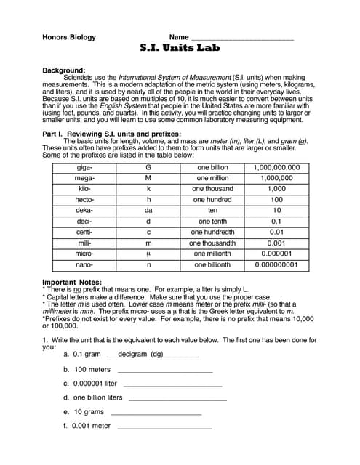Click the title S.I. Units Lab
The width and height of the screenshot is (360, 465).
(x=179, y=49)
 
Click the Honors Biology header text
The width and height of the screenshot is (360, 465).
(x=68, y=37)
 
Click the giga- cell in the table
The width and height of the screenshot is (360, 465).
(x=84, y=167)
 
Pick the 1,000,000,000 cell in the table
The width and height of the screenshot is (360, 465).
(x=276, y=167)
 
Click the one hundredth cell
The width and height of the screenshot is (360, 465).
(x=213, y=232)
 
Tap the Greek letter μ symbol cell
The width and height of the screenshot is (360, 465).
(x=148, y=254)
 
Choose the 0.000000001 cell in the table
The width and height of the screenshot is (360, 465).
(x=276, y=265)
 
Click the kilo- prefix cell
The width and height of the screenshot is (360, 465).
(x=84, y=189)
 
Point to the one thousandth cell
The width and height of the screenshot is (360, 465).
(x=213, y=243)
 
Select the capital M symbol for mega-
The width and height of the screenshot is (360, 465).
(x=148, y=178)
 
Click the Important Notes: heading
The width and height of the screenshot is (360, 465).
(x=72, y=282)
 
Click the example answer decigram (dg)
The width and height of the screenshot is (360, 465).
(x=140, y=354)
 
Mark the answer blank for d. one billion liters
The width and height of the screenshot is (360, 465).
(x=177, y=398)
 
